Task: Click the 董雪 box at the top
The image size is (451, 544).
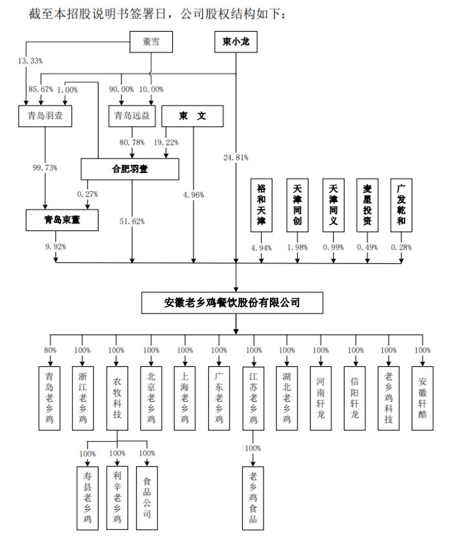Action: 151,42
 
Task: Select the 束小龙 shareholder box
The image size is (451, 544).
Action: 236,42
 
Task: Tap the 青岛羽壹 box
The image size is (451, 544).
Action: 44,116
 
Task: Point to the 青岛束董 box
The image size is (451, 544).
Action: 62,220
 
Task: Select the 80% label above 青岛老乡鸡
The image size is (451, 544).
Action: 50,350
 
